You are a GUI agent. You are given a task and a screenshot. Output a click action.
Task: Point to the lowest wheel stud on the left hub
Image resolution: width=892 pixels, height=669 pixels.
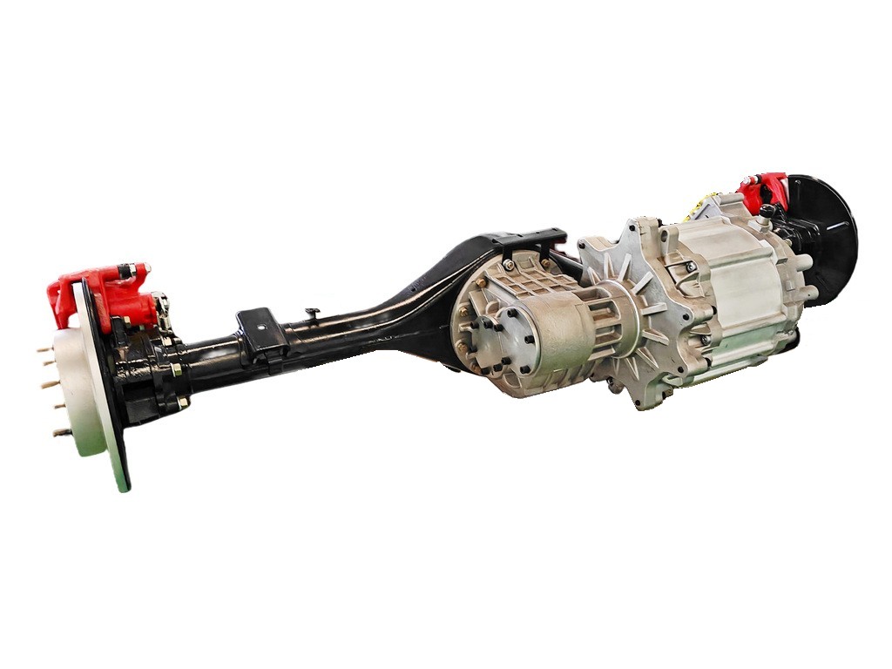click(61, 432)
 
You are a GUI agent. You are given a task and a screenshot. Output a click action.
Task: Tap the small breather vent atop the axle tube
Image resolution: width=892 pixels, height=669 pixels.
click(312, 311)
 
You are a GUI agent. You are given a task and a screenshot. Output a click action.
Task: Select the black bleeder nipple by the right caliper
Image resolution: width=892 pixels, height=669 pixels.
click(767, 210)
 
